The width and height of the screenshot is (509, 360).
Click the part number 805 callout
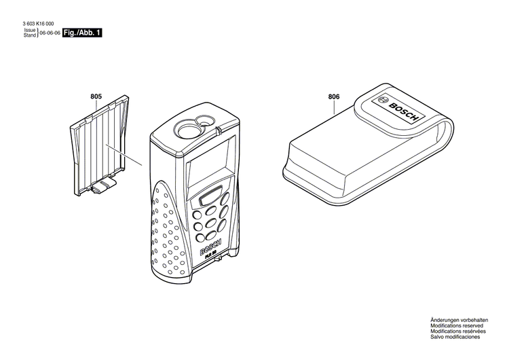pos(96,96)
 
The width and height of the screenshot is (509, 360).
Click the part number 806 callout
pos(334,96)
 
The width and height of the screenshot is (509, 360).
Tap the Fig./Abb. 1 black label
pos(82,33)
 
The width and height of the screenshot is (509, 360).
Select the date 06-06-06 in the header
pos(50,33)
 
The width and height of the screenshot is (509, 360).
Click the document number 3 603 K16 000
pos(38,24)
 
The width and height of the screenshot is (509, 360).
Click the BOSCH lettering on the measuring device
pos(210,248)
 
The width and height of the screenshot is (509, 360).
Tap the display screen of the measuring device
pos(211,162)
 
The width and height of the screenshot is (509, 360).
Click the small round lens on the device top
pos(205,120)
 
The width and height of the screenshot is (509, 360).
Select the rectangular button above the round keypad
pos(210,196)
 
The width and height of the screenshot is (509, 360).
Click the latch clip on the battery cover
pos(104,186)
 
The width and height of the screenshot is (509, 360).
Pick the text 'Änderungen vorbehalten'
pos(459,320)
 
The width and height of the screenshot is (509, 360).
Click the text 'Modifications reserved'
pos(457,325)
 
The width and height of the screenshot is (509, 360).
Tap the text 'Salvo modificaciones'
pos(455,337)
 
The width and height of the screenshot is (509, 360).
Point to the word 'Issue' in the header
pos(30,30)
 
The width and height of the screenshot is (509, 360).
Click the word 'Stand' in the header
pos(30,35)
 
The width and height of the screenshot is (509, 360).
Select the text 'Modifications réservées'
pos(458,331)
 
